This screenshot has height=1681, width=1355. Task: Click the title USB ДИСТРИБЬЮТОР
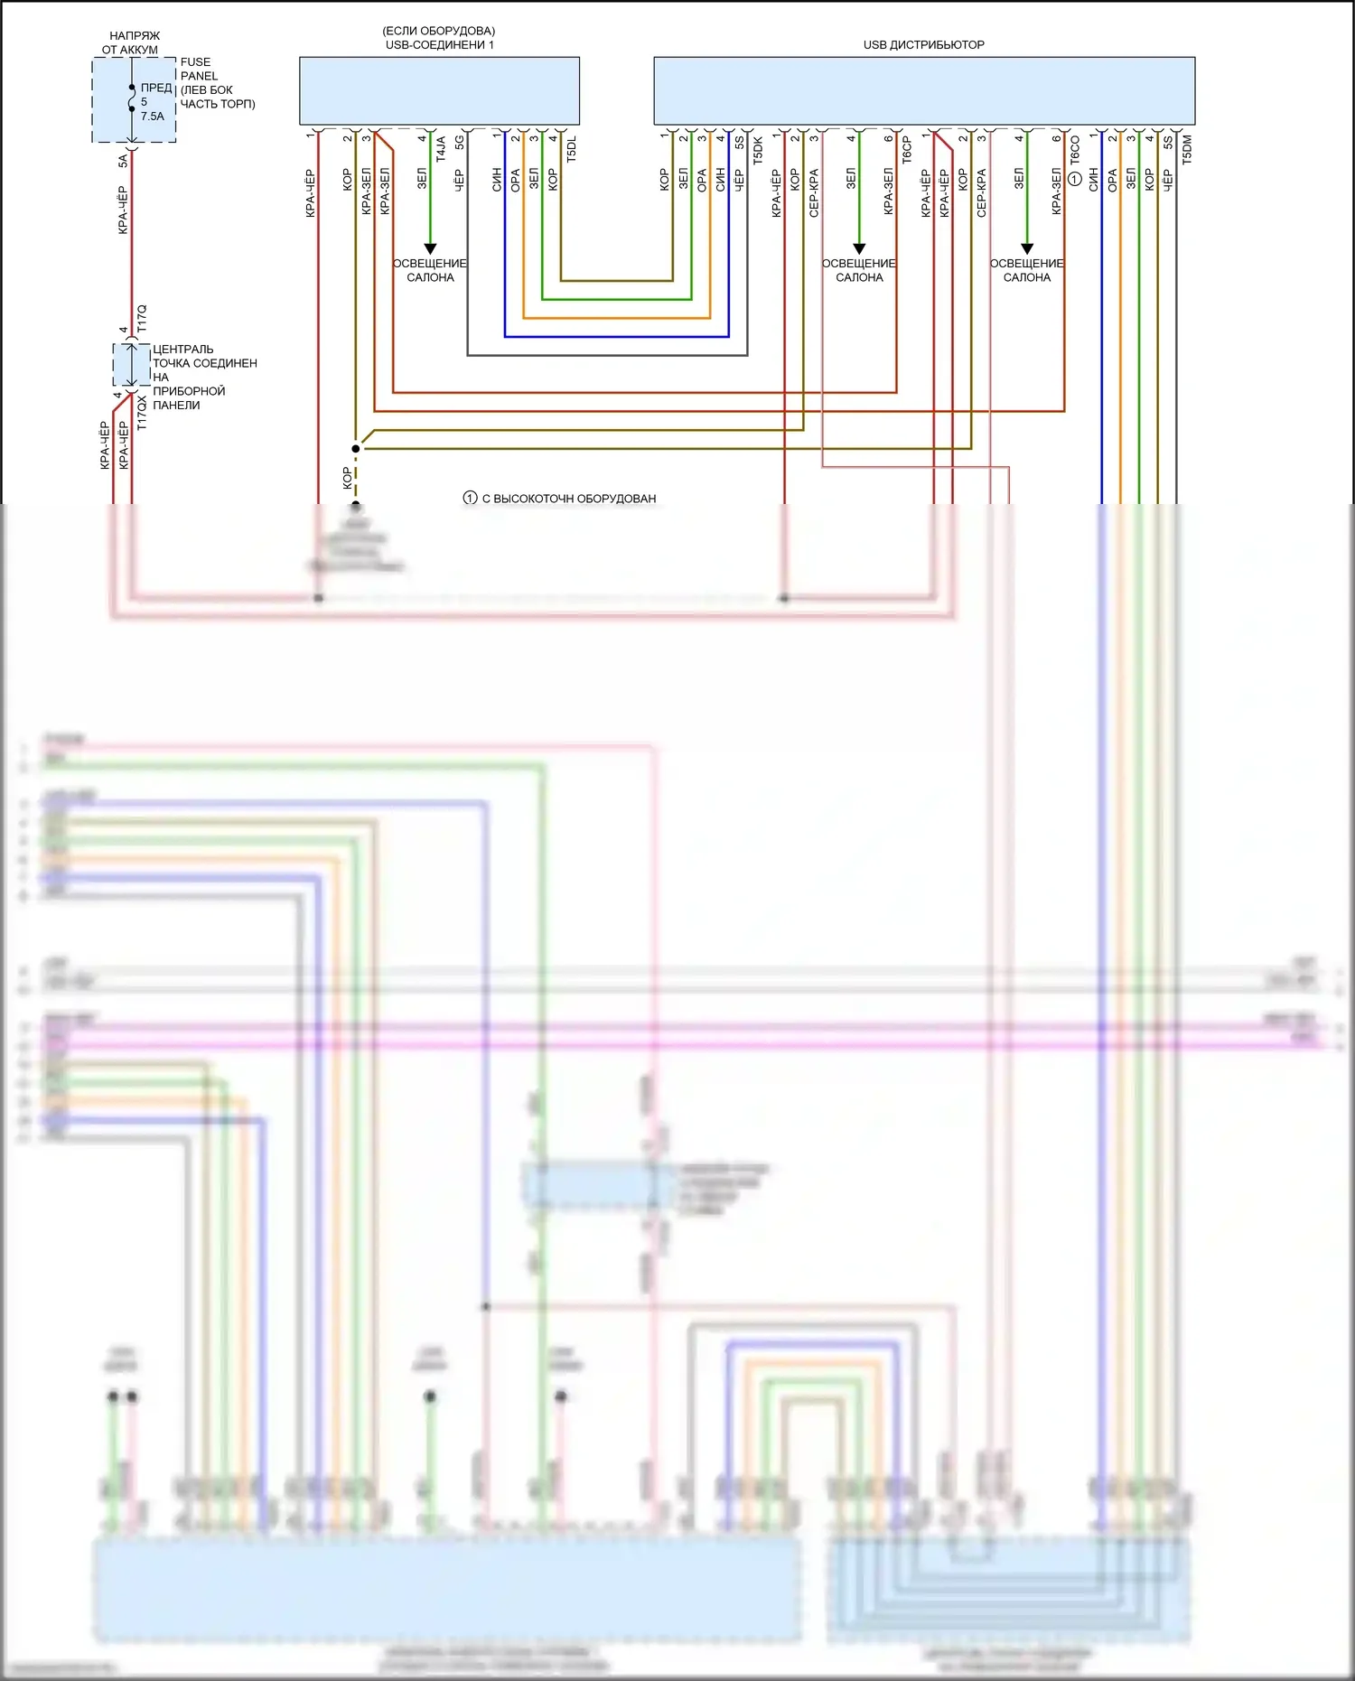tap(923, 44)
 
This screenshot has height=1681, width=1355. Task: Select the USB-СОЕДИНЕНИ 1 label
tap(439, 44)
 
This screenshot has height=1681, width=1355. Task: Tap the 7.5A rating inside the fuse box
tap(153, 116)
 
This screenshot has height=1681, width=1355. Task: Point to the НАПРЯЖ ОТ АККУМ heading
tap(133, 42)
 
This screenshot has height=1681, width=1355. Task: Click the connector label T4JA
tap(441, 149)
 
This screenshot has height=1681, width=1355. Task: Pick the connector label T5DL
tap(571, 149)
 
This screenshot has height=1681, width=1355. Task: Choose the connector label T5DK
tap(758, 150)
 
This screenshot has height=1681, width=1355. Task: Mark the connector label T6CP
tap(907, 150)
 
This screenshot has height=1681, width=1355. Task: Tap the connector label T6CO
tap(1075, 149)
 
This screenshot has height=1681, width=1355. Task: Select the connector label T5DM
tap(1187, 149)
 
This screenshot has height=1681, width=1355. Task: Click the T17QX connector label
tap(142, 412)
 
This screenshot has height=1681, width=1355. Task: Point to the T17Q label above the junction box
tap(142, 319)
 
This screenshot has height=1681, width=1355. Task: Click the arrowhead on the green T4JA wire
tap(430, 248)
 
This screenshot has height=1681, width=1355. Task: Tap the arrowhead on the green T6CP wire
tap(859, 248)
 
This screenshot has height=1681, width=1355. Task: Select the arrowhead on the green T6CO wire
tap(1027, 248)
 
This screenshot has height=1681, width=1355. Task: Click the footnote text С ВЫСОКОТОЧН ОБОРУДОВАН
tap(568, 499)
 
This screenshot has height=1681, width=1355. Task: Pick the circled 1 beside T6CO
tap(1075, 179)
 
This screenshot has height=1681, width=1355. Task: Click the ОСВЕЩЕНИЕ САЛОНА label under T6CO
tap(1027, 270)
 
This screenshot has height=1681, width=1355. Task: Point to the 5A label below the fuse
tap(123, 160)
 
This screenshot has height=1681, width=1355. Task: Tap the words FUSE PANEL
tap(199, 69)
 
